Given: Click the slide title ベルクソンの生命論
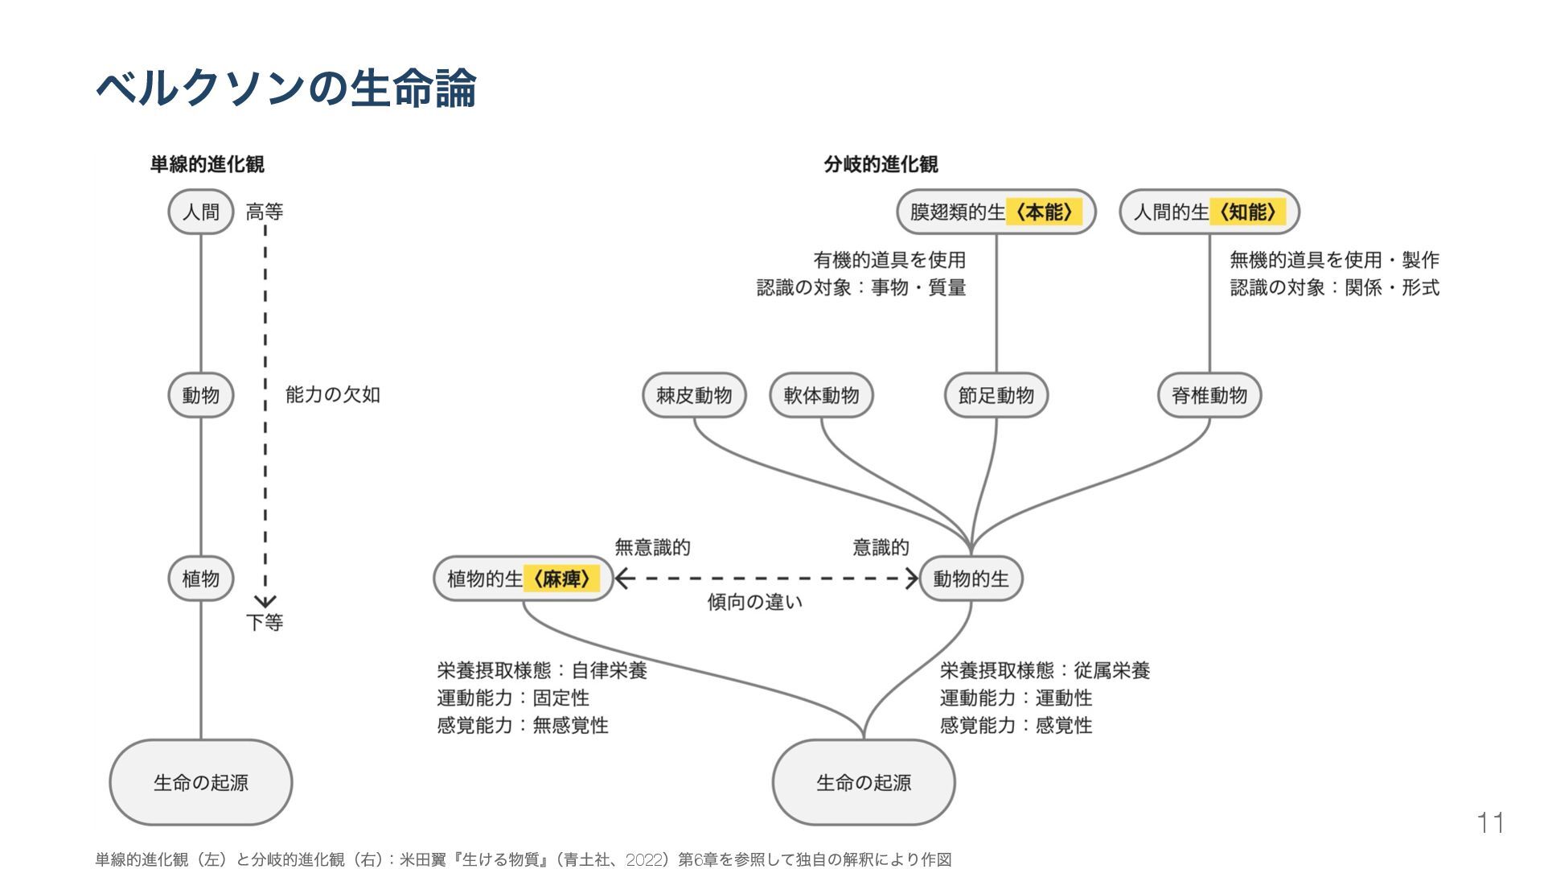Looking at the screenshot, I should point(285,88).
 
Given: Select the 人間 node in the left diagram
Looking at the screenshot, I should point(200,212).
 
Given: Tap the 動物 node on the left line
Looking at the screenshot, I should point(200,395).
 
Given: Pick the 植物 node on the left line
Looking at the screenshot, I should point(200,579).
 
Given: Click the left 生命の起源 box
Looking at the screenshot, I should point(200,782).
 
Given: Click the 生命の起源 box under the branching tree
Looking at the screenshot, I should point(864,782).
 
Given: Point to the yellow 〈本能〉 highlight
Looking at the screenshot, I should point(1044,212).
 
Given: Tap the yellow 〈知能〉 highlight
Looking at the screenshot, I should point(1247,212).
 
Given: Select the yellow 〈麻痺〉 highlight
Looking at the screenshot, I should point(561,579).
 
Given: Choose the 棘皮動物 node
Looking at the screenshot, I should point(694,395).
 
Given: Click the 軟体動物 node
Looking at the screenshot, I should point(821,395).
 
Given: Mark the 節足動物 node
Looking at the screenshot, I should point(996,395).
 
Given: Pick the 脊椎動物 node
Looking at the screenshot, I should point(1209,395).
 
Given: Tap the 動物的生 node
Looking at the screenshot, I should point(971,579).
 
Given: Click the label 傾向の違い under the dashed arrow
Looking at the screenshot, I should point(754,602).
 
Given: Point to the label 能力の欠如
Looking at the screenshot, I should point(332,395).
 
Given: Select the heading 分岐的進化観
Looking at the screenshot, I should point(881,164).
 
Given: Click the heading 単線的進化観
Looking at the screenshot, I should point(207,164).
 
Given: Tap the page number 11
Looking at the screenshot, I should point(1490,823).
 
